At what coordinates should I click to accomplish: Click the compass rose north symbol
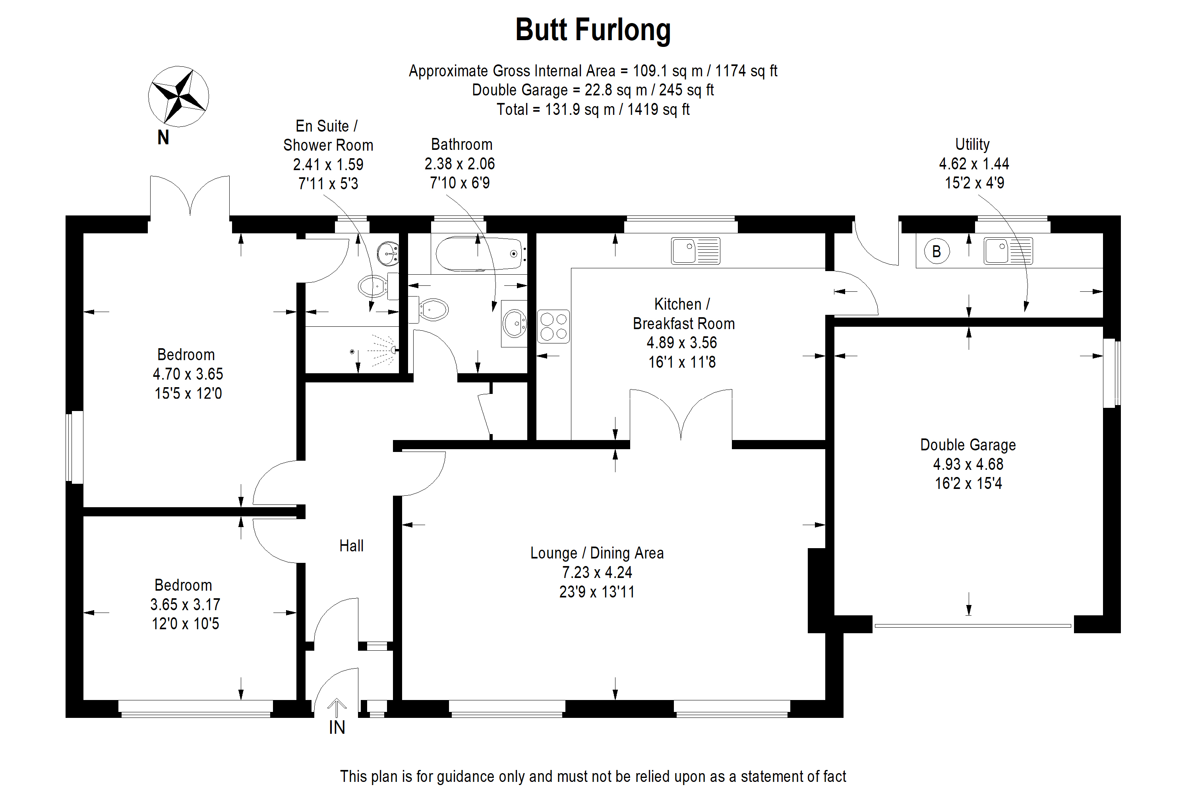pyautogui.click(x=178, y=96)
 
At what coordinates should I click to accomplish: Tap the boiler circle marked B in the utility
pyautogui.click(x=936, y=251)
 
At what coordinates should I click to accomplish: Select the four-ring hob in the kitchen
pyautogui.click(x=553, y=326)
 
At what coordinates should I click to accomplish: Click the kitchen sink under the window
pyautogui.click(x=695, y=251)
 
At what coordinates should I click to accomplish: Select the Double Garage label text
pyautogui.click(x=968, y=445)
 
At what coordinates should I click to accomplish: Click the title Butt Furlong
pyautogui.click(x=592, y=30)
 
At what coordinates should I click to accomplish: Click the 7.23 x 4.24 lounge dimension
pyautogui.click(x=597, y=572)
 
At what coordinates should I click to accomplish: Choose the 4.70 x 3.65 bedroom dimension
pyautogui.click(x=188, y=374)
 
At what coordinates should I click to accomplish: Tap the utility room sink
pyautogui.click(x=1008, y=251)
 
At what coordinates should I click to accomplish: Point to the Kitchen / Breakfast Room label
pyautogui.click(x=683, y=314)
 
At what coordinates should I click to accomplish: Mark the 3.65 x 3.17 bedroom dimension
pyautogui.click(x=185, y=604)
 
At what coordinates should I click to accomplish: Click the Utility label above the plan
pyautogui.click(x=972, y=145)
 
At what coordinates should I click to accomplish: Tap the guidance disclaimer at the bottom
pyautogui.click(x=592, y=776)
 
